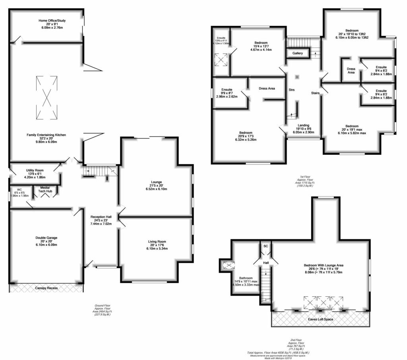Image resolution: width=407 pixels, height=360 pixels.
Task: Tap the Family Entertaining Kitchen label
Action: point(46,135)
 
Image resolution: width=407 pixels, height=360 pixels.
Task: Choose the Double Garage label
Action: point(46,238)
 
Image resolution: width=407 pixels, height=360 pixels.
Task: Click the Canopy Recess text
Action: point(46,288)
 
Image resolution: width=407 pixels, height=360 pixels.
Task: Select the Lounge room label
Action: point(156,182)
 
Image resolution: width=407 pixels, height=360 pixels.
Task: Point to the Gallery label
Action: point(298,53)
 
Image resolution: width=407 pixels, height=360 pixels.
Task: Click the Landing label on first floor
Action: point(303,125)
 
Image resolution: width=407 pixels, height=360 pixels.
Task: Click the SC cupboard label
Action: point(266,246)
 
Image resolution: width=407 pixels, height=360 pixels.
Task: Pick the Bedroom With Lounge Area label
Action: point(323,265)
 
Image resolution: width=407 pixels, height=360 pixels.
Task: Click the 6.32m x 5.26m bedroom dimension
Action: point(249,140)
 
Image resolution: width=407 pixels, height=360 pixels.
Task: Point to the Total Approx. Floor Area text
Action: point(281,353)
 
